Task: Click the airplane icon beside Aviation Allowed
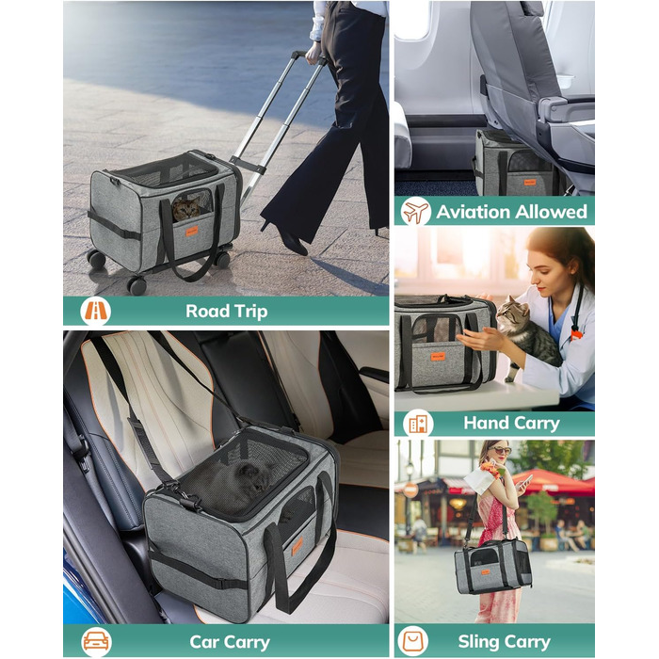(415, 212)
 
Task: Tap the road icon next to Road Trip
(96, 311)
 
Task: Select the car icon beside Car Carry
(96, 642)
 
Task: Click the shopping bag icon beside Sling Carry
(413, 641)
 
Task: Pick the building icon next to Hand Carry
(418, 424)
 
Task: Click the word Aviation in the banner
(472, 212)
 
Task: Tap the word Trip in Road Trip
(251, 312)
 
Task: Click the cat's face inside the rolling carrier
(185, 208)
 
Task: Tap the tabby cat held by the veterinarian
(525, 335)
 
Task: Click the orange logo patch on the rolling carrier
(192, 231)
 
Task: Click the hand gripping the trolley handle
(313, 54)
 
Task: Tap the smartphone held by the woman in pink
(526, 480)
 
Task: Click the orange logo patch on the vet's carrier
(438, 357)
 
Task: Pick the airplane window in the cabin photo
(412, 20)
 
